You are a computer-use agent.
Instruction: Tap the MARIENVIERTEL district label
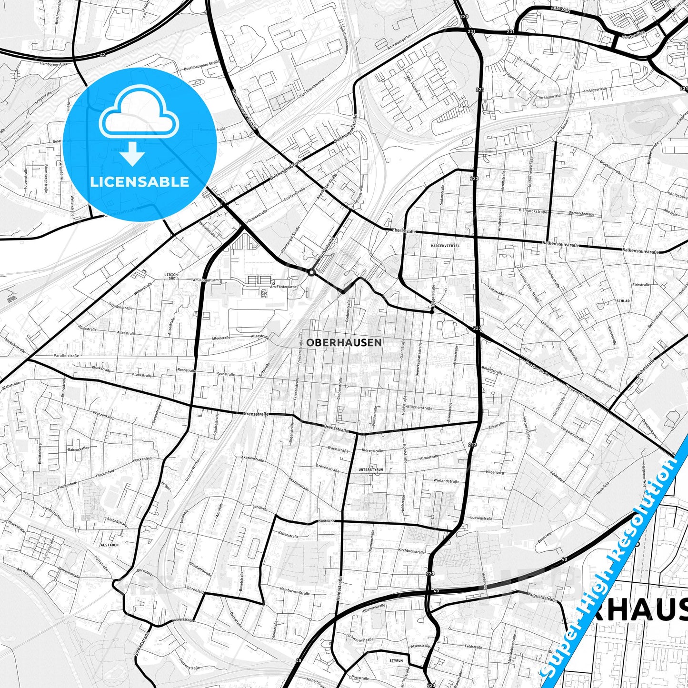coord(445,246)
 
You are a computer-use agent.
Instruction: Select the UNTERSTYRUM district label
coord(370,469)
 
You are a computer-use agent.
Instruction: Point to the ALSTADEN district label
coord(109,544)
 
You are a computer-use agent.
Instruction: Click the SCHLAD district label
coord(623,301)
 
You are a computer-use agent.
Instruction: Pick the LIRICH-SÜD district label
coord(171,277)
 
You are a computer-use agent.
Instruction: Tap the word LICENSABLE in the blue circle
coord(140,182)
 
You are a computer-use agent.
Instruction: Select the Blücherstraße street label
coord(419,408)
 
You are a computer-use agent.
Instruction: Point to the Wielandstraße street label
coord(446,481)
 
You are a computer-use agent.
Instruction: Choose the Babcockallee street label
coord(79,449)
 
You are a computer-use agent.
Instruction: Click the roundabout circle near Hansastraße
coord(311,272)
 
